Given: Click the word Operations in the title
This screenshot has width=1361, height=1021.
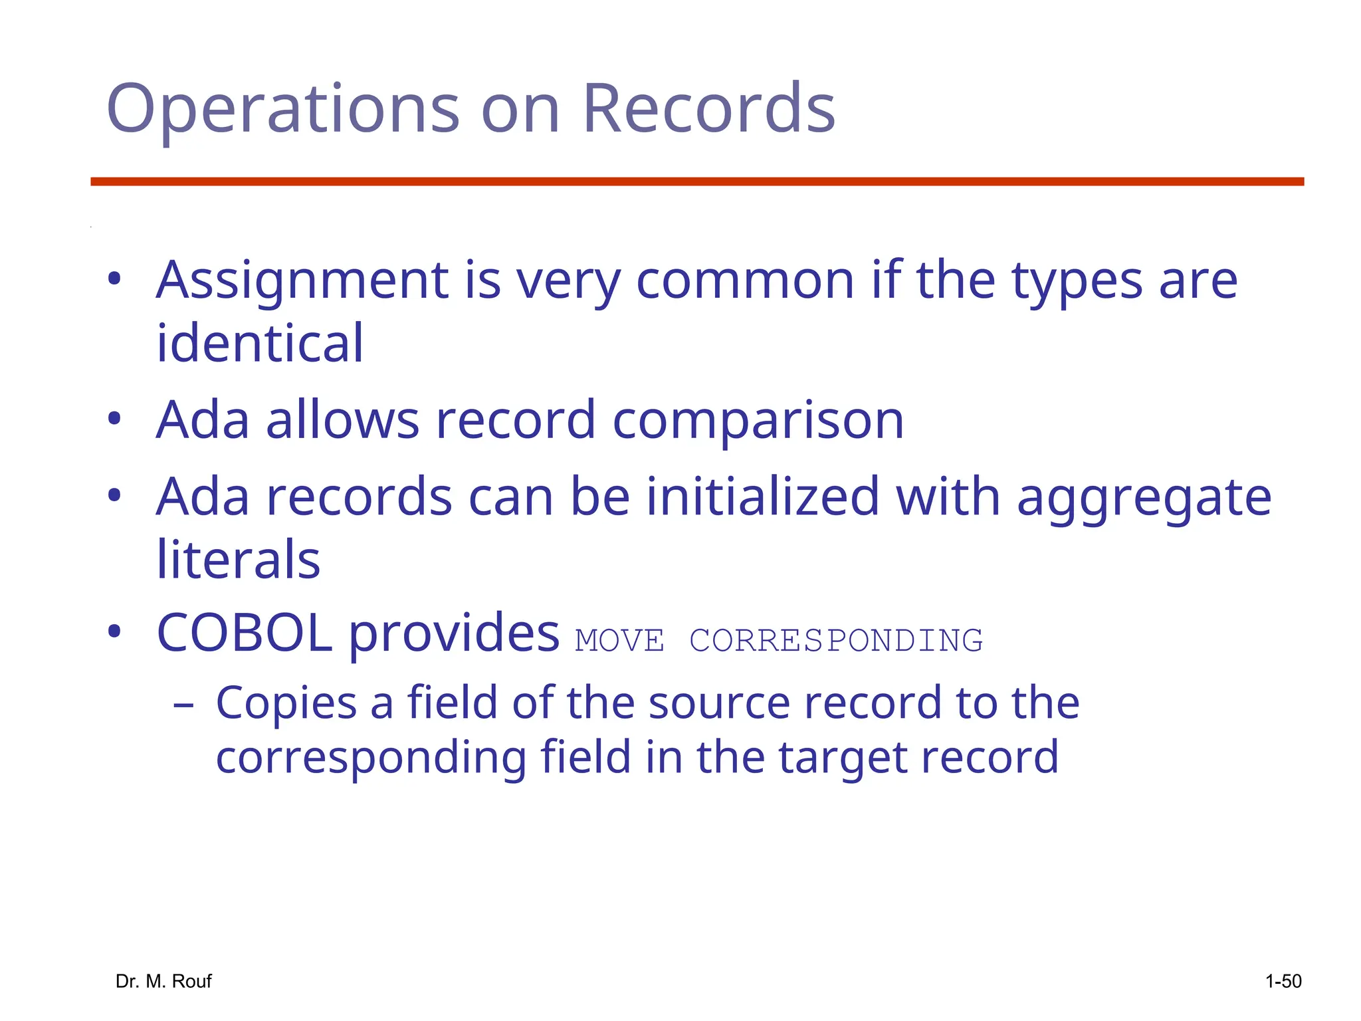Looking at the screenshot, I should coord(282,110).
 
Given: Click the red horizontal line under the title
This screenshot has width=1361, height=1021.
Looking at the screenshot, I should coord(697,181).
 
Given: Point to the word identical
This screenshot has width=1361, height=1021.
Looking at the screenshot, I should coord(260,344).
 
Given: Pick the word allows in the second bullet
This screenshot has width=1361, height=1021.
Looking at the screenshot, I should coord(342,420).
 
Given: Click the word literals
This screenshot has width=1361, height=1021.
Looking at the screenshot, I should coord(238,560).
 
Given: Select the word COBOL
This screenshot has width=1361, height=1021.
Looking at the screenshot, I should coord(244,633).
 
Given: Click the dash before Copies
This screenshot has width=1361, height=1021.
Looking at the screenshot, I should coord(183,705).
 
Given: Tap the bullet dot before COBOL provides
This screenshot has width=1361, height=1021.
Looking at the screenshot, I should coord(114,631).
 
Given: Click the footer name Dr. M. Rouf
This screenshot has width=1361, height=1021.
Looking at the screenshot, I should coord(163,981).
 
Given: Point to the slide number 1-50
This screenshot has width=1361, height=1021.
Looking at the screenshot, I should coord(1283,981).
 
